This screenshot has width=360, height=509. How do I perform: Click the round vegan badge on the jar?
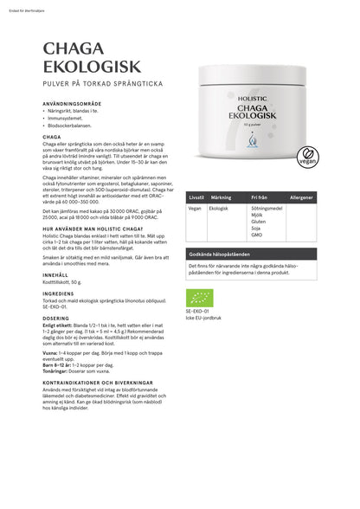[330, 160]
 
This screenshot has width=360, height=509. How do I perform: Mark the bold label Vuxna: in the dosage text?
[52, 352]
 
